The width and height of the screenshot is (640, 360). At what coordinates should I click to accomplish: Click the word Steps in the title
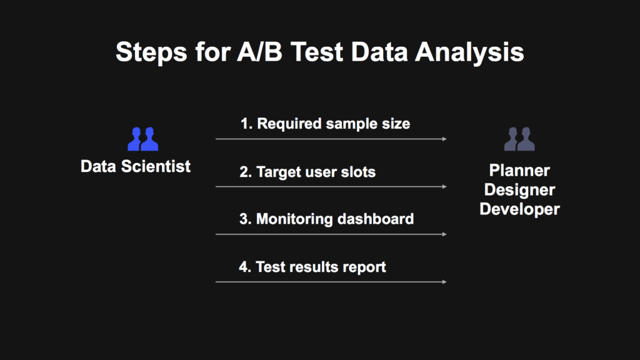coord(151,52)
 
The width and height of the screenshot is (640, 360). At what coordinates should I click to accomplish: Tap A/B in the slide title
coord(259,52)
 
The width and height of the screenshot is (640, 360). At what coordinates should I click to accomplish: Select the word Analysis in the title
coord(469,52)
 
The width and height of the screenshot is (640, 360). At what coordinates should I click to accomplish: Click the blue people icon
coord(143,139)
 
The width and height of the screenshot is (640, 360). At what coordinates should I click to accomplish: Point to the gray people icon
coord(519,139)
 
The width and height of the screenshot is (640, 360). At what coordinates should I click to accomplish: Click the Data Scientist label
coord(136,166)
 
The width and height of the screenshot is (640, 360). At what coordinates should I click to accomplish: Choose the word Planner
coord(519,170)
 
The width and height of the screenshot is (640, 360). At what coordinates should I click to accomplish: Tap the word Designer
coord(519,190)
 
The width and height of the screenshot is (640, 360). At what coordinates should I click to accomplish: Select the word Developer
coord(519,209)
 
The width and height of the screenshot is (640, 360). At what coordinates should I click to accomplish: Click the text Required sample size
coord(334,124)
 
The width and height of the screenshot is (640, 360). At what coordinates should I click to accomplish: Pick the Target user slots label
coord(316,172)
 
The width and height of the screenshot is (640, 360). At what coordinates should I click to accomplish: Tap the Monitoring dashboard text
coord(335,219)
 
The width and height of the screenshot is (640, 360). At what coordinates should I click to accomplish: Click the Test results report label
coord(321,267)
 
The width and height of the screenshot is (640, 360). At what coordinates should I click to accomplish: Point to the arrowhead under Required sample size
coord(444,139)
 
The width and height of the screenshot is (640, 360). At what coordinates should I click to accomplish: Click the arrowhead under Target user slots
coord(444,186)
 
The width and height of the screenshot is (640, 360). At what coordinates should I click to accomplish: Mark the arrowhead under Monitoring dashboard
coord(444,234)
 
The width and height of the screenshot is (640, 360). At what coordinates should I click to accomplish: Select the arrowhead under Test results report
coord(444,282)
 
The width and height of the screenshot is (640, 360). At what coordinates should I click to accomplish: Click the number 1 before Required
coord(245,124)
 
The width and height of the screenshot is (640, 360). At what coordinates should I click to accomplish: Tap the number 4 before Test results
coord(244,267)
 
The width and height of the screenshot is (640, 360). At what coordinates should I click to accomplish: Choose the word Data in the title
coord(379,52)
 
